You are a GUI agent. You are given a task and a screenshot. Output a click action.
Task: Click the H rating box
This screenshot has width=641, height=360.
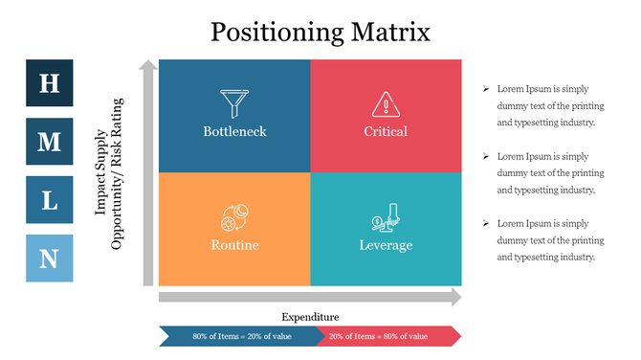pyautogui.click(x=49, y=82)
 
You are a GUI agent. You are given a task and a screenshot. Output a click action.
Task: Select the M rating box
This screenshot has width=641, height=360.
pyautogui.click(x=49, y=142)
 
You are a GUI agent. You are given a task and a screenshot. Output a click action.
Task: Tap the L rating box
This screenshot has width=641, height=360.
pyautogui.click(x=49, y=200)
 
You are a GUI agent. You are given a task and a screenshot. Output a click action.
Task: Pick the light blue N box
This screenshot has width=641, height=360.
pyautogui.click(x=49, y=259)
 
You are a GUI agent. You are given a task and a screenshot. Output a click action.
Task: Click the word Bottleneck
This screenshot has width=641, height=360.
pyautogui.click(x=234, y=131)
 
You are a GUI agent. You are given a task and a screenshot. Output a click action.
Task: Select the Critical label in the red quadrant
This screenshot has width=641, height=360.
pyautogui.click(x=386, y=131)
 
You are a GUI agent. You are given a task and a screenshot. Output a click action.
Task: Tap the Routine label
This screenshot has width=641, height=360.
pyautogui.click(x=234, y=245)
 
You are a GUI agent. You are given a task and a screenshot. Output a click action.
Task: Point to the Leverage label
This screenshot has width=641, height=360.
pyautogui.click(x=386, y=245)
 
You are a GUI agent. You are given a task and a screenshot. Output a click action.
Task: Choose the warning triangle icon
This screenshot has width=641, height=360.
pyautogui.click(x=386, y=103)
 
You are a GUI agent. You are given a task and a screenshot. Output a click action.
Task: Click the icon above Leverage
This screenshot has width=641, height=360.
pyautogui.click(x=385, y=217)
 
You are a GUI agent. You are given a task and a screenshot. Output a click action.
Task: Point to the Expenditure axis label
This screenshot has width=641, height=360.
pyautogui.click(x=310, y=317)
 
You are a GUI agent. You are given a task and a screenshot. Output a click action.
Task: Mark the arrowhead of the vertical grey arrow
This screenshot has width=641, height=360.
pyautogui.click(x=147, y=66)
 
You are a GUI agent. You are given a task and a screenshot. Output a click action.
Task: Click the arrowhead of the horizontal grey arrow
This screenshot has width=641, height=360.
pyautogui.click(x=454, y=298)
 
